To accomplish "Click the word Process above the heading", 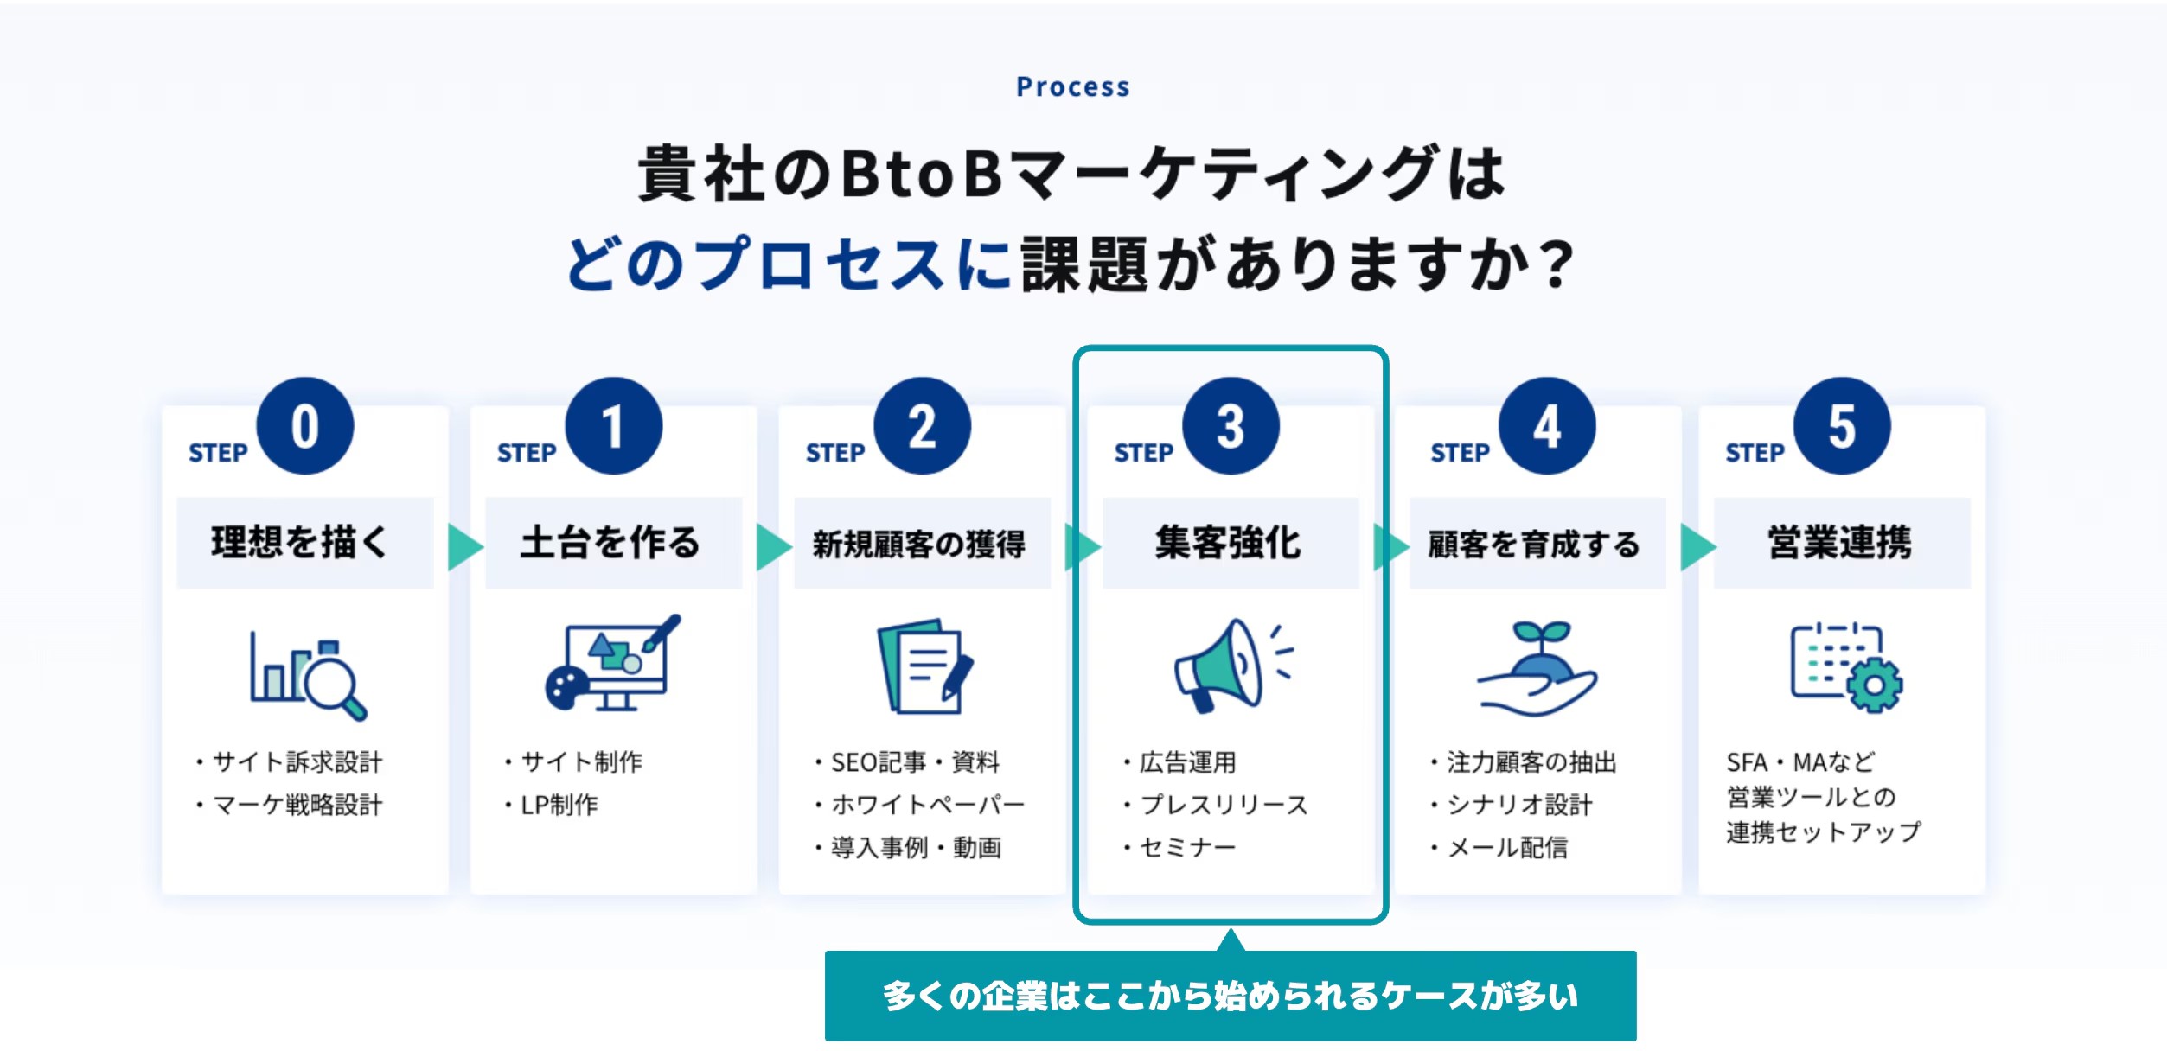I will [x=1072, y=86].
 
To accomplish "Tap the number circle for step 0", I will [x=304, y=426].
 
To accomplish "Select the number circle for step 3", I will [x=1230, y=426].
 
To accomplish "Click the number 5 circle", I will [x=1841, y=426].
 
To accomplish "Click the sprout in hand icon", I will [x=1537, y=668].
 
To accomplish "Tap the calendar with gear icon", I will [x=1845, y=666].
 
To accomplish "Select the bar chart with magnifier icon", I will [x=308, y=675].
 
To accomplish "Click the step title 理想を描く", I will [x=299, y=543].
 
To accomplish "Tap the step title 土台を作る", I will [x=610, y=543].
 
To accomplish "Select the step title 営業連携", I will [x=1839, y=543].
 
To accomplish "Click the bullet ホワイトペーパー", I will [x=926, y=805].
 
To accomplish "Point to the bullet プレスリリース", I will [x=1223, y=805].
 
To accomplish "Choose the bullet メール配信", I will [x=1506, y=848].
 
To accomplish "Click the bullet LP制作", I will [x=559, y=805].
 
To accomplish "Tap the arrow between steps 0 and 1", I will [x=464, y=546].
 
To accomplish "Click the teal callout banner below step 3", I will [x=1230, y=996].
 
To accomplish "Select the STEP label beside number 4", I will [x=1460, y=453].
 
